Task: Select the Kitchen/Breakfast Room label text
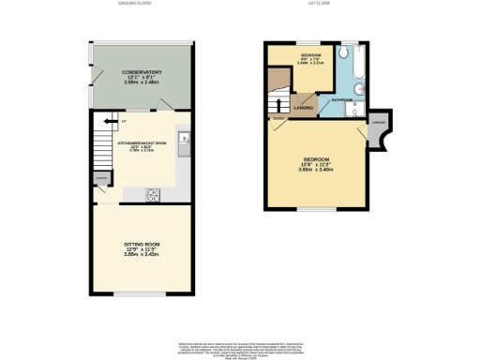142,142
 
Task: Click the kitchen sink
185,142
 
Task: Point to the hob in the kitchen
154,195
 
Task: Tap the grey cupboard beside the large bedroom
378,137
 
